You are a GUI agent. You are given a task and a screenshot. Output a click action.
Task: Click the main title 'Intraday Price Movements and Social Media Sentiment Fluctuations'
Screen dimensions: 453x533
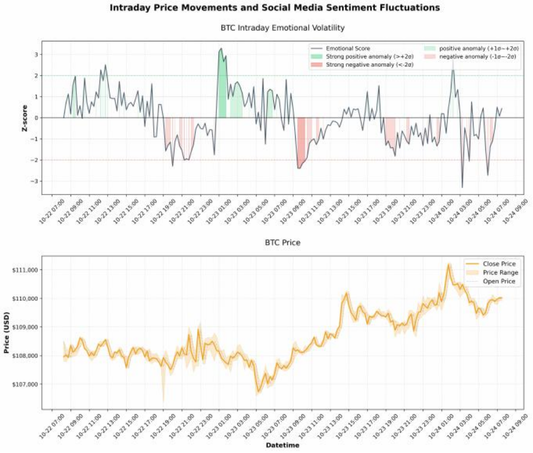tap(275, 8)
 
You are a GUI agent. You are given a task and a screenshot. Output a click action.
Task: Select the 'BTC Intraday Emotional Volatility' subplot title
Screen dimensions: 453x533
tap(283, 27)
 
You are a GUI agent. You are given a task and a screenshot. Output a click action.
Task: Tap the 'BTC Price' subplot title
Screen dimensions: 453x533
tap(283, 243)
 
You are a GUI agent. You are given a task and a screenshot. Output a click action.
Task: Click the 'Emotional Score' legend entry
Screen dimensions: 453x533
tap(347, 49)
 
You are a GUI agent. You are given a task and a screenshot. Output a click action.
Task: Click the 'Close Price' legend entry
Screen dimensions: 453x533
tap(499, 264)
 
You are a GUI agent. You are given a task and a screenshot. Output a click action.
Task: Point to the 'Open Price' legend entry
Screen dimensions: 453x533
tap(499, 281)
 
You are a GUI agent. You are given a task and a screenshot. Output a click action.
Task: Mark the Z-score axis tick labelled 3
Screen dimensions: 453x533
tap(36, 54)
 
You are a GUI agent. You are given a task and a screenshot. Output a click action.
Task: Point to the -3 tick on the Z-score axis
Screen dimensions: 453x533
tap(34, 182)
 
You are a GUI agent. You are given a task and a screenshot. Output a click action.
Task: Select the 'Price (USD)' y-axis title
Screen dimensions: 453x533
tap(7, 332)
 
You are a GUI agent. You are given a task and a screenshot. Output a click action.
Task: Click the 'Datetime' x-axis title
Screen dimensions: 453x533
tap(283, 445)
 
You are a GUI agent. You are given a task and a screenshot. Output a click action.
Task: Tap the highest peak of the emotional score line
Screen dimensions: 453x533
tap(221, 49)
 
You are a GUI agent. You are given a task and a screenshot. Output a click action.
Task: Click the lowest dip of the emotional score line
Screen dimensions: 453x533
tap(462, 187)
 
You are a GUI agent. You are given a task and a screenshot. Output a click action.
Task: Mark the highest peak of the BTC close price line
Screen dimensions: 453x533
tap(448, 265)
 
